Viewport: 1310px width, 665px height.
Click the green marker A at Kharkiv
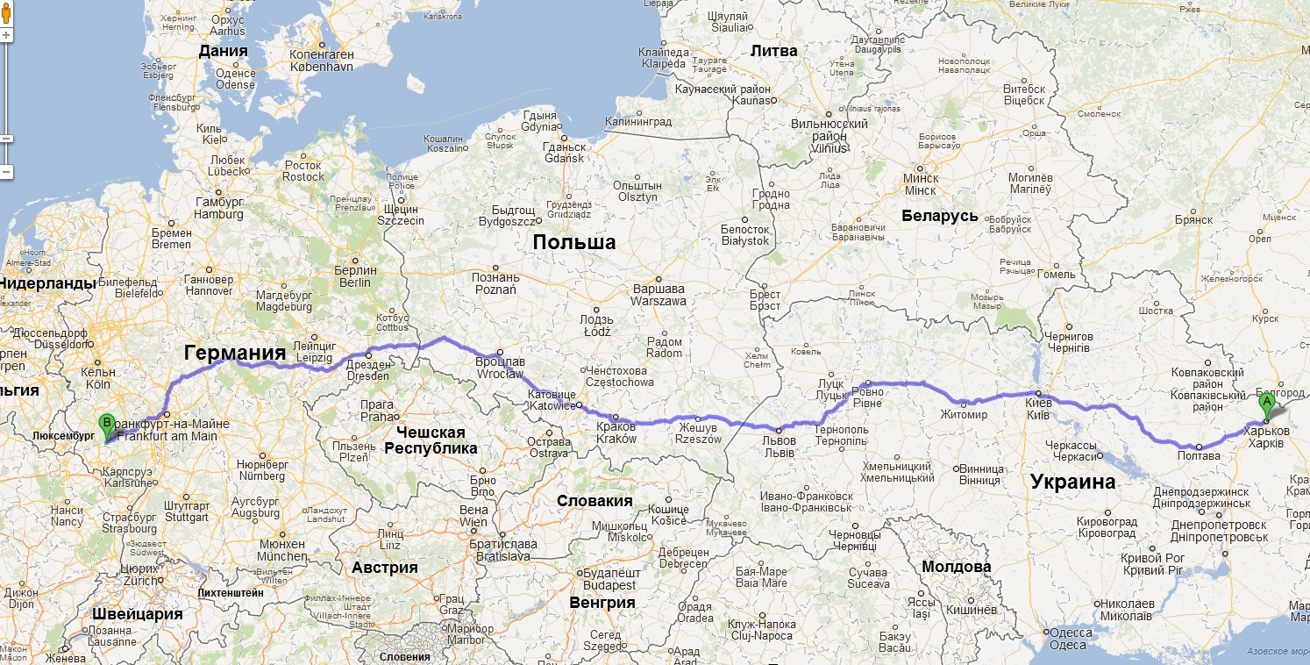1266,406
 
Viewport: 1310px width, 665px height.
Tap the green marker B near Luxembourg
107,425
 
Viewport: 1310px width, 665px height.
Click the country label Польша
574,242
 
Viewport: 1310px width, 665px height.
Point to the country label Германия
235,353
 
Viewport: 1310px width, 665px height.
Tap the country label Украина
1072,481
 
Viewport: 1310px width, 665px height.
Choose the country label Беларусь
939,216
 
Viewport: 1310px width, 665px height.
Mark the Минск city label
920,184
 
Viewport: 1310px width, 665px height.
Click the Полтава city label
1200,454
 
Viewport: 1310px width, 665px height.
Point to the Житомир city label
964,414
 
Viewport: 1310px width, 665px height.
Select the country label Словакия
594,500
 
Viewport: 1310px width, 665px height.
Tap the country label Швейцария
137,613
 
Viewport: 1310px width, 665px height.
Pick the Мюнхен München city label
282,550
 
